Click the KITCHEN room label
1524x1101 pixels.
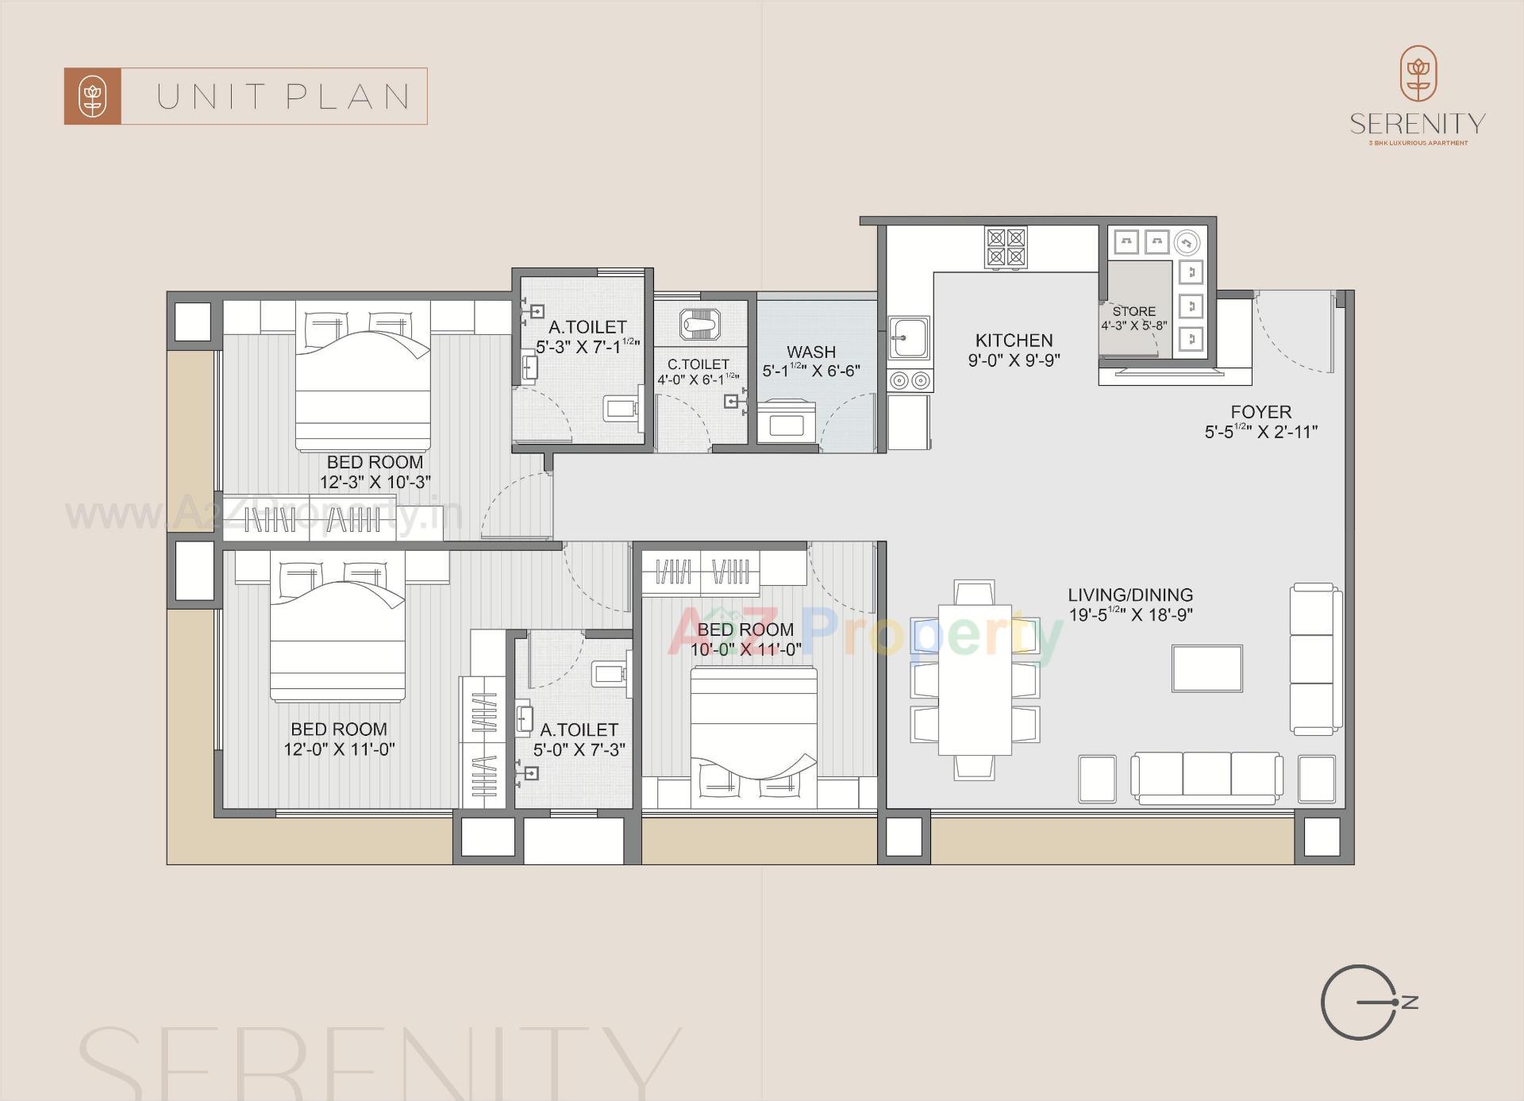(x=1014, y=341)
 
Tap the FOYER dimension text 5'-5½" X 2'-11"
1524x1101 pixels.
(x=1260, y=432)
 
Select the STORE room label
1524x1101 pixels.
(x=1133, y=311)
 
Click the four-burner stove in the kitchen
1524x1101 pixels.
(x=1006, y=246)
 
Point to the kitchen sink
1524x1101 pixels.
(x=909, y=338)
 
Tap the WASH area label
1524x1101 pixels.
(x=810, y=352)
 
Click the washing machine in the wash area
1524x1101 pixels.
(x=786, y=422)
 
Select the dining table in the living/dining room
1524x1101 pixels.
(x=975, y=679)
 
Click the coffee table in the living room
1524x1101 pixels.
(x=1206, y=668)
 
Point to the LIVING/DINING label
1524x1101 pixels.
(x=1130, y=595)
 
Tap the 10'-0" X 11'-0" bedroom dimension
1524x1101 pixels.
(x=745, y=649)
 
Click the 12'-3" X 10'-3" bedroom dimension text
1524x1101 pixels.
(x=375, y=482)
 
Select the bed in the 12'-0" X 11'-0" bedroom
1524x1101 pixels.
(x=337, y=635)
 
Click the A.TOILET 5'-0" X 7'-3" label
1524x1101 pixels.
(x=579, y=730)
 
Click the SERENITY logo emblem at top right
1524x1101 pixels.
(x=1418, y=73)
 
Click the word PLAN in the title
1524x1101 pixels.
(x=348, y=97)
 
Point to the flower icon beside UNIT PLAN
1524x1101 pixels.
(x=93, y=97)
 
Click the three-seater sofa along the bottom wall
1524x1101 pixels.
(x=1206, y=775)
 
